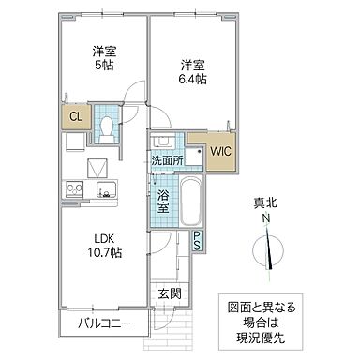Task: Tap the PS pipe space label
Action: tap(198, 240)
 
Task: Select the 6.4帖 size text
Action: tap(192, 80)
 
